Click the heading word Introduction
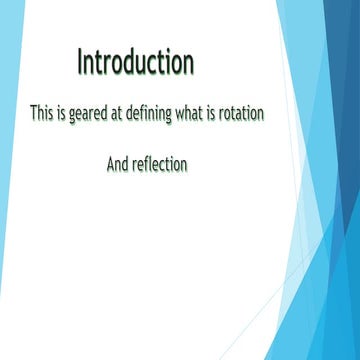[x=135, y=62]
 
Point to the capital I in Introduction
[x=80, y=62]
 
